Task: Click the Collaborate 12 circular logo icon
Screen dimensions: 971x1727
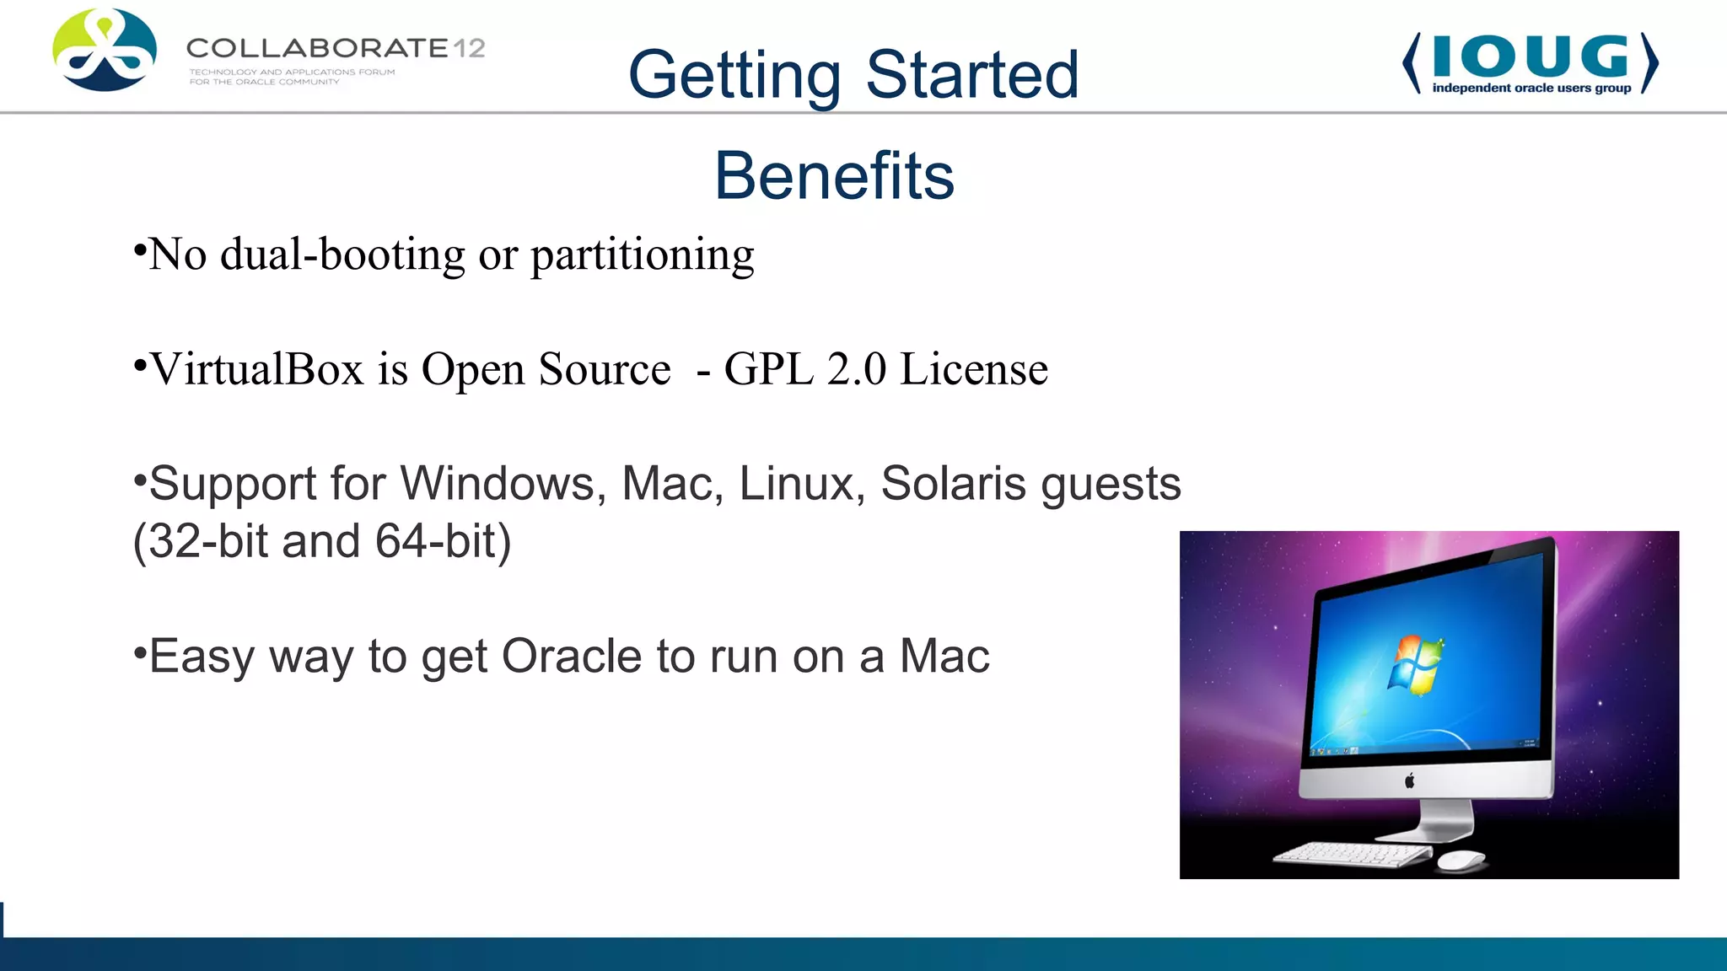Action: (x=105, y=51)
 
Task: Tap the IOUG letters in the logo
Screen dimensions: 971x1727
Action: (x=1530, y=56)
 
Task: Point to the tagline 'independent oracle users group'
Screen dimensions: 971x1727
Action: (x=1531, y=88)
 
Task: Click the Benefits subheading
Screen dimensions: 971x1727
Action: (x=834, y=175)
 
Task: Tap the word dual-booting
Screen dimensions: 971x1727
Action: (x=342, y=255)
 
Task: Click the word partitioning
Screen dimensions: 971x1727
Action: (x=642, y=255)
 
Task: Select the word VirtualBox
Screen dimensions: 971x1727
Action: (x=256, y=369)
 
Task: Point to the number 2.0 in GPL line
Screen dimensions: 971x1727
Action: (x=856, y=369)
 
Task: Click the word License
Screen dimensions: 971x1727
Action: (x=973, y=369)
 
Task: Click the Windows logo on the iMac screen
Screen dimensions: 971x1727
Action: (x=1415, y=665)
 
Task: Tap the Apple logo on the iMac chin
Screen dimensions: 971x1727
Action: (x=1409, y=781)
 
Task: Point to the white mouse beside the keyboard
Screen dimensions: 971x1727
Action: (x=1461, y=860)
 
